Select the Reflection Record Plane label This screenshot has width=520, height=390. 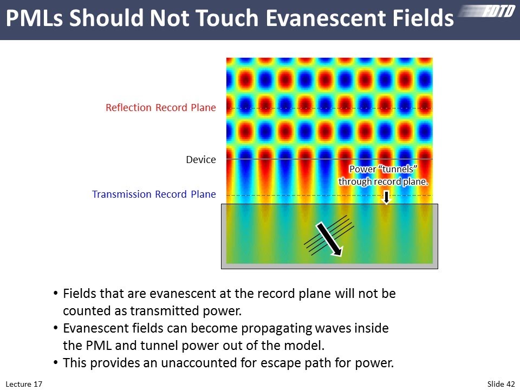coord(160,108)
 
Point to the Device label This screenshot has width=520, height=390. coord(201,160)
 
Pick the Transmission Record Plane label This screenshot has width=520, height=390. coord(154,194)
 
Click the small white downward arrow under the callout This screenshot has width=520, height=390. coord(386,197)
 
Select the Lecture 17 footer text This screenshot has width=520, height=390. coord(24,384)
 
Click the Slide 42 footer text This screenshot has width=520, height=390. coord(501,384)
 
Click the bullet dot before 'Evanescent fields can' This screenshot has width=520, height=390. coord(56,328)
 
